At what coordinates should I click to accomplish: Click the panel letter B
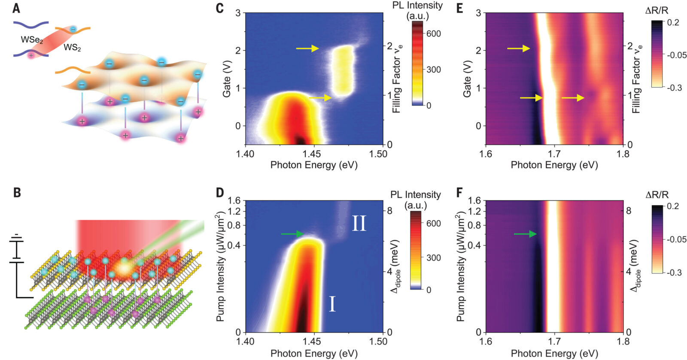[17, 193]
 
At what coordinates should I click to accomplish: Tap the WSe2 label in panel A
[32, 40]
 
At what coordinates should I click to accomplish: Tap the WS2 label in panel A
[72, 48]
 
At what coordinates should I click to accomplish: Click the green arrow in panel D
[292, 234]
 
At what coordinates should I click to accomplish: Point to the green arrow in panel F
[525, 234]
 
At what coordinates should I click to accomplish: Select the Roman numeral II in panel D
[359, 224]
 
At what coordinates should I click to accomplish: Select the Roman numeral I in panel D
[332, 304]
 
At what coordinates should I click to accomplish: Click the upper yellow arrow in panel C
[307, 48]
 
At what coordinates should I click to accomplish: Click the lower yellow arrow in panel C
[320, 98]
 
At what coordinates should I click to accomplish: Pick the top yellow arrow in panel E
[519, 48]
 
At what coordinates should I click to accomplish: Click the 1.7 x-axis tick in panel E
[554, 154]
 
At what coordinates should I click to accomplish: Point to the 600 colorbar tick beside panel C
[434, 34]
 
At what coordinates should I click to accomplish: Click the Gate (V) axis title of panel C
[226, 82]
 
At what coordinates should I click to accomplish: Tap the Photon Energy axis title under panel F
[554, 353]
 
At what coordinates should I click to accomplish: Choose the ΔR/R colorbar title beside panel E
[657, 10]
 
